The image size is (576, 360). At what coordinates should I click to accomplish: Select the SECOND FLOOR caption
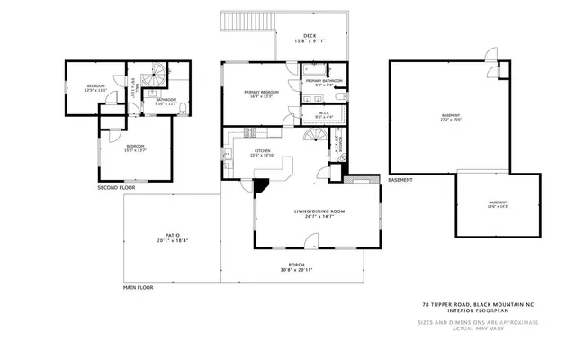(x=117, y=188)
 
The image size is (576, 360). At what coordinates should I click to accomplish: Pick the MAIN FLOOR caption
(x=139, y=288)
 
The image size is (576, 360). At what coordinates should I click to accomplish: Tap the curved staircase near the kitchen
(x=315, y=137)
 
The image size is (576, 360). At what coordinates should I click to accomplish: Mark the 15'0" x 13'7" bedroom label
(x=136, y=148)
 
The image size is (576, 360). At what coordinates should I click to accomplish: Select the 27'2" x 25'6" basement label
(x=450, y=117)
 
